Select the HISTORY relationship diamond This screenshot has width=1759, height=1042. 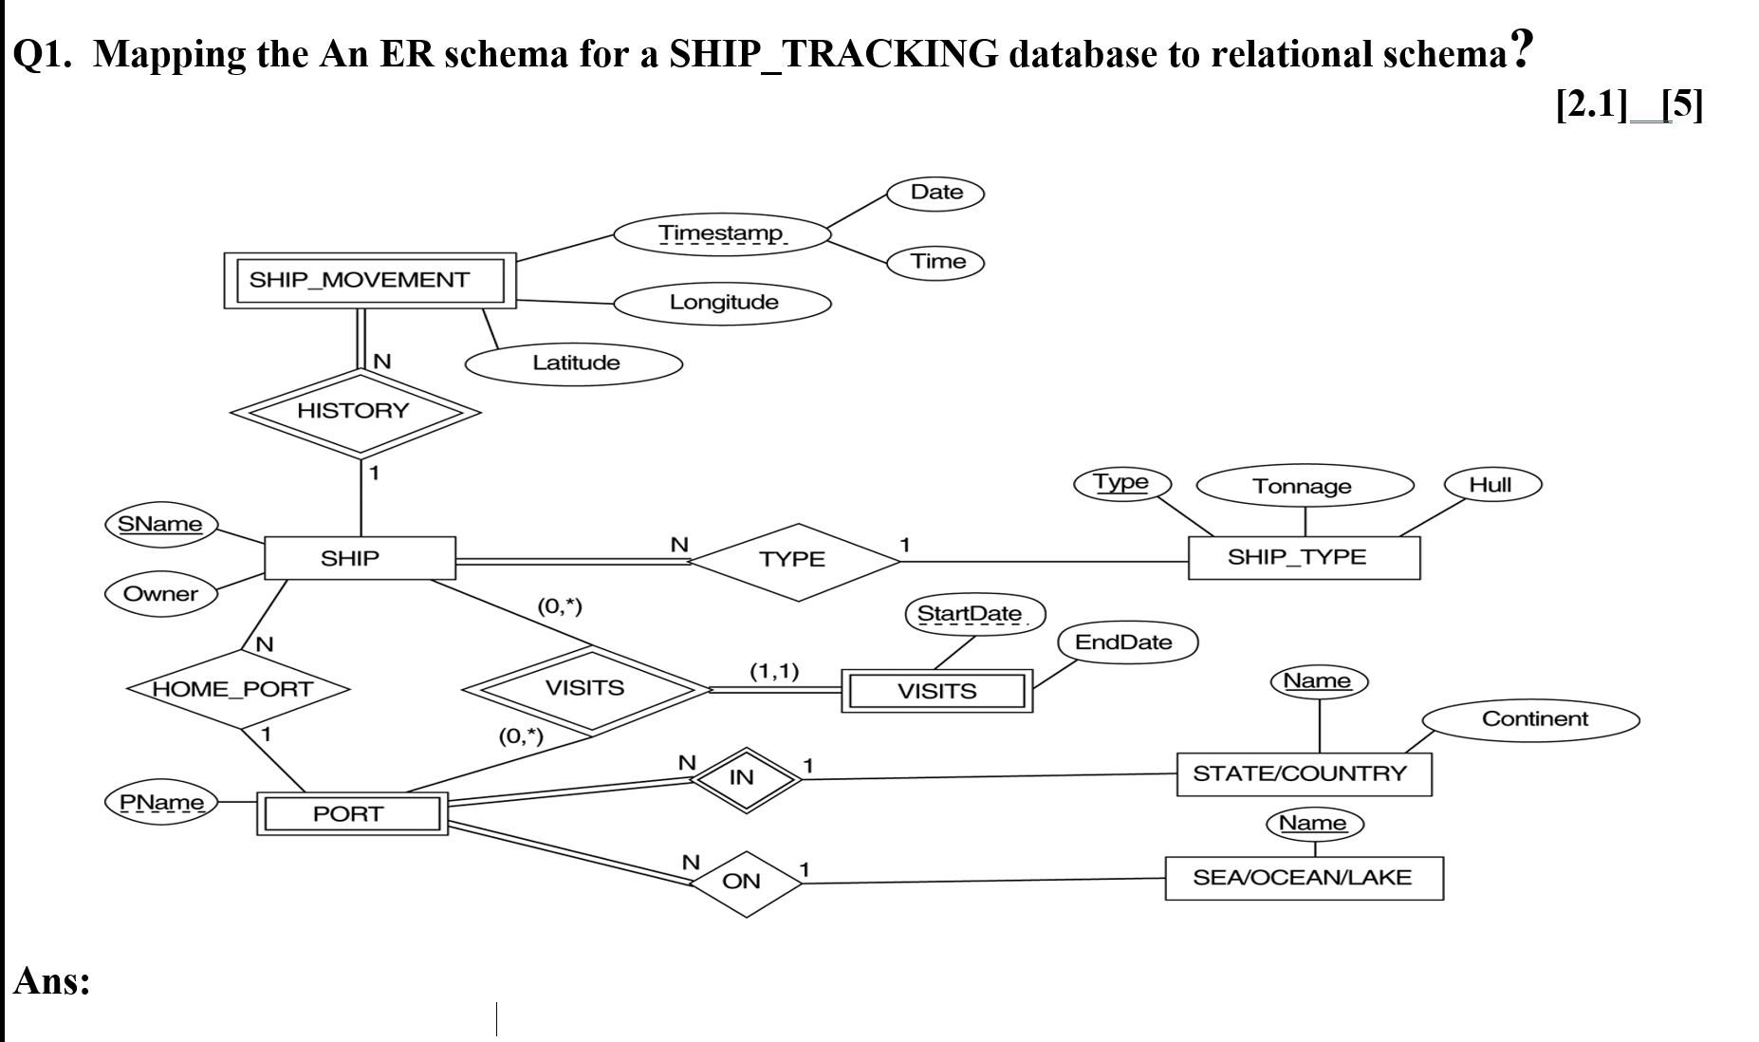pyautogui.click(x=354, y=412)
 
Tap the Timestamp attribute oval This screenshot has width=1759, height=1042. pyautogui.click(x=721, y=233)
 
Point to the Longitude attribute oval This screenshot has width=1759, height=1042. pyautogui.click(x=723, y=303)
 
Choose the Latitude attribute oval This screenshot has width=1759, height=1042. pyautogui.click(x=575, y=363)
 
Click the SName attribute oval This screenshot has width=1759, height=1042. pyautogui.click(x=160, y=524)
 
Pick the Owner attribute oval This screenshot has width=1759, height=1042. pyautogui.click(x=160, y=594)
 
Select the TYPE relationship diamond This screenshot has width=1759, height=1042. pyautogui.click(x=793, y=561)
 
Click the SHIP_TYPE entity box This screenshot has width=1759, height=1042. pyautogui.click(x=1304, y=557)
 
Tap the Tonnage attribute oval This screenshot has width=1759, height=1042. pyautogui.click(x=1304, y=486)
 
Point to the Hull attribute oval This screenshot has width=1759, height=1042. pyautogui.click(x=1491, y=485)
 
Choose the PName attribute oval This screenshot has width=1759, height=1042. pyautogui.click(x=161, y=803)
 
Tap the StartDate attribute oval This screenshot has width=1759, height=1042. pyautogui.click(x=973, y=614)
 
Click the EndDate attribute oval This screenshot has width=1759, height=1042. pyautogui.click(x=1124, y=642)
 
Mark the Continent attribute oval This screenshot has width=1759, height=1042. pyautogui.click(x=1534, y=719)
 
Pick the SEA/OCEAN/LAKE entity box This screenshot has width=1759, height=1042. pyautogui.click(x=1304, y=878)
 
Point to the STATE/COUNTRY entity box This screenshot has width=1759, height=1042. pyautogui.click(x=1304, y=773)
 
